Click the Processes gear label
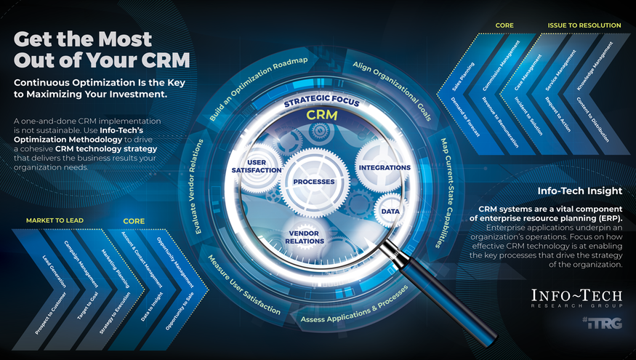314,180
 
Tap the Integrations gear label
385,167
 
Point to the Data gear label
390,211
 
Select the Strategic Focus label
321,102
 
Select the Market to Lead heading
55,220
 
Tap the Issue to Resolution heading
584,25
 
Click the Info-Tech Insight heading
579,191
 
